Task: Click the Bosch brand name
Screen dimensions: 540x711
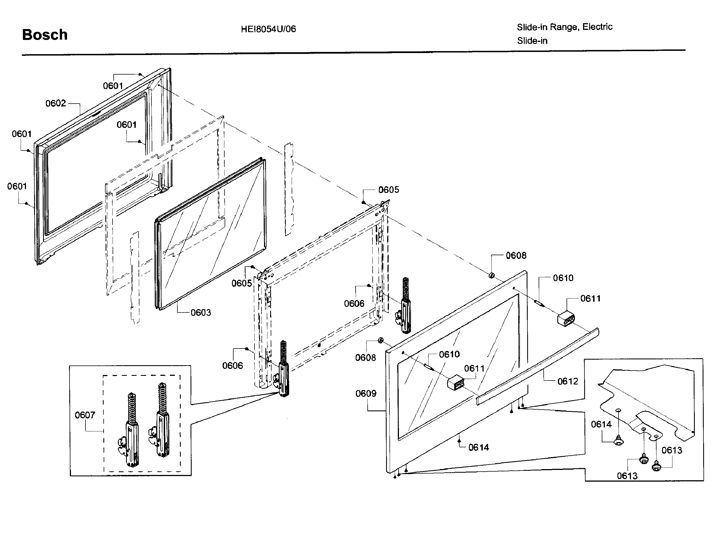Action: pos(45,35)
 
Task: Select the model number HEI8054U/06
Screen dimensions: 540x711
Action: pos(268,29)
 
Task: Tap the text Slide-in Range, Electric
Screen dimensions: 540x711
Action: pos(564,27)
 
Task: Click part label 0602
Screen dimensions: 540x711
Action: pos(56,104)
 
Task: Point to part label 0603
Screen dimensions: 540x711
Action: pos(201,312)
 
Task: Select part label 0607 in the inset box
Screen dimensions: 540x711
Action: pos(85,415)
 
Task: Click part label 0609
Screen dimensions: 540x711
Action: pos(366,393)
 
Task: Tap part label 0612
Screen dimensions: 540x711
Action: pos(568,381)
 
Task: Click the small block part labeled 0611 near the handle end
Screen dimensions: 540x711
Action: pos(566,318)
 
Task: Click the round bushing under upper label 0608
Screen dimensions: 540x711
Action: pos(491,276)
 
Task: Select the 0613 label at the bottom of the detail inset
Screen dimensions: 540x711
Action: pos(627,476)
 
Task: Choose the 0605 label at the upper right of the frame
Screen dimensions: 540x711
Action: pos(388,190)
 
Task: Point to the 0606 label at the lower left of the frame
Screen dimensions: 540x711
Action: pos(232,365)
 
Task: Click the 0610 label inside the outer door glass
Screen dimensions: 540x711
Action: pos(449,355)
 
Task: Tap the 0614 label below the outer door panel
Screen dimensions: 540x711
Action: pos(479,447)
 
